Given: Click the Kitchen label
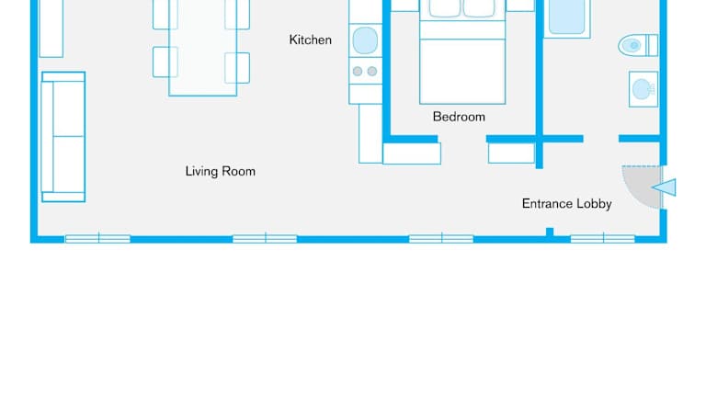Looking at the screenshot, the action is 310,40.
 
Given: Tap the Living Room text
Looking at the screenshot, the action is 221,171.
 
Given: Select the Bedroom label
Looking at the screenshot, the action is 459,117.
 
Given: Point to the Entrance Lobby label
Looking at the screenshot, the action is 566,203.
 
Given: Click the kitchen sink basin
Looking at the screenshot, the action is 365,40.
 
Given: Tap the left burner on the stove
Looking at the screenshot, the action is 358,71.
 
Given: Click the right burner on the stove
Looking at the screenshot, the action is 372,71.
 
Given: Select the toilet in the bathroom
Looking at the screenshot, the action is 638,45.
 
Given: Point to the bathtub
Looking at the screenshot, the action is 567,18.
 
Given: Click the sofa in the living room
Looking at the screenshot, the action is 63,137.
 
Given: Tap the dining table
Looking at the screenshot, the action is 202,48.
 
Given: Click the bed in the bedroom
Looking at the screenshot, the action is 462,51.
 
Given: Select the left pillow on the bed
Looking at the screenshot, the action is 445,8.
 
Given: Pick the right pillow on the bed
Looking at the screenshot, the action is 479,8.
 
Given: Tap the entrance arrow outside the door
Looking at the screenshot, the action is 664,187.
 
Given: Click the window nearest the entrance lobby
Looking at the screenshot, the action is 603,239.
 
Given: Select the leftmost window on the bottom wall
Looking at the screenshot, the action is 97,239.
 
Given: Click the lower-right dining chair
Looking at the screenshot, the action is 237,68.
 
